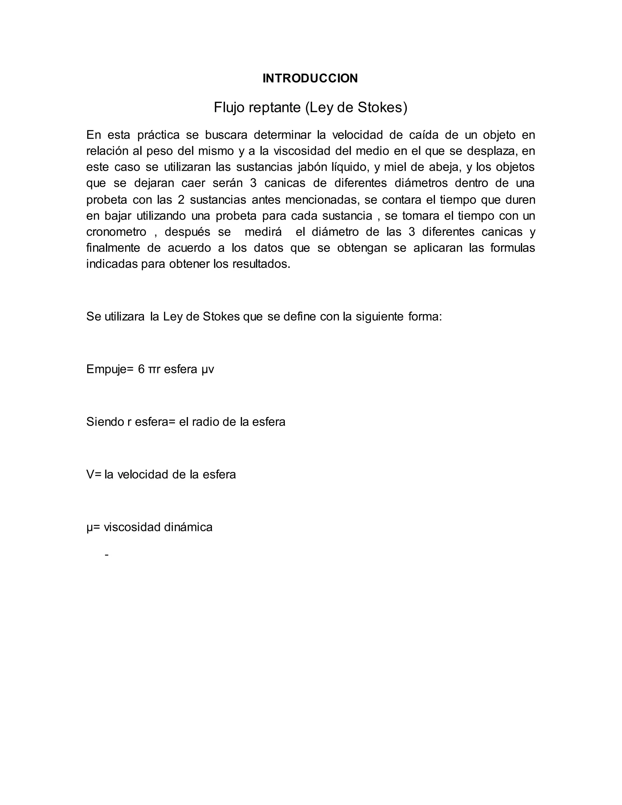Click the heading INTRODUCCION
(310, 78)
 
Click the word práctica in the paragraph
(159, 135)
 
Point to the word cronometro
(116, 232)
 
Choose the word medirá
(263, 232)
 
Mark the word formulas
(512, 248)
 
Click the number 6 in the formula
(141, 369)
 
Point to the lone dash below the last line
(107, 555)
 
